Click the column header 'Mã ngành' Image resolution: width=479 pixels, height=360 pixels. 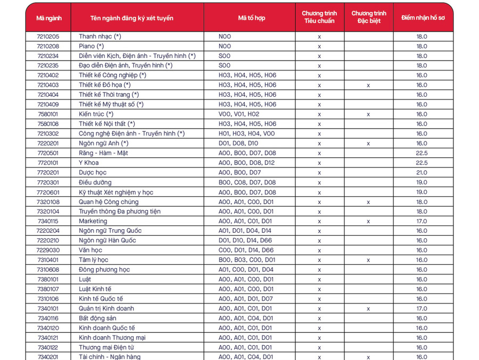click(48, 18)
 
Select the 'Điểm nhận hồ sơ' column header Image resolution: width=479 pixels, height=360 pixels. click(422, 18)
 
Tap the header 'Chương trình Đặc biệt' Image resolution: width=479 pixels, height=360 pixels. click(368, 17)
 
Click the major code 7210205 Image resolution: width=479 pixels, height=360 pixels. click(48, 37)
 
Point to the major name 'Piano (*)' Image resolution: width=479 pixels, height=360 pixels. click(91, 46)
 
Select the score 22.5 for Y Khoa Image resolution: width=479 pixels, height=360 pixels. click(422, 163)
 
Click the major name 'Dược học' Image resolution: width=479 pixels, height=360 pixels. click(93, 172)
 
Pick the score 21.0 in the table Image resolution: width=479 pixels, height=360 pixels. click(422, 172)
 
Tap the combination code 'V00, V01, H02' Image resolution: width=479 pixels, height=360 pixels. click(238, 114)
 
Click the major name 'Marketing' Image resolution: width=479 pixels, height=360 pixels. click(93, 221)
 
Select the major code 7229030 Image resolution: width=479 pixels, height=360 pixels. click(48, 250)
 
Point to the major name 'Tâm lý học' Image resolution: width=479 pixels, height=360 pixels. click(93, 260)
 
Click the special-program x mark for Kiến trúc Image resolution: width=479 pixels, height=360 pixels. click(368, 114)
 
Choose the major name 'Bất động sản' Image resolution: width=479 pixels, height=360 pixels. click(98, 318)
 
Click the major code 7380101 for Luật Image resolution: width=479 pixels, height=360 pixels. click(48, 279)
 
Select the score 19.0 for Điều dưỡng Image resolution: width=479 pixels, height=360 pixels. click(422, 182)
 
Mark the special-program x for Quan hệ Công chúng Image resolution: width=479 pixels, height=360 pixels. click(368, 202)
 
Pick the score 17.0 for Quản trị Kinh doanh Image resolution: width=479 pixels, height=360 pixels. click(422, 308)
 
